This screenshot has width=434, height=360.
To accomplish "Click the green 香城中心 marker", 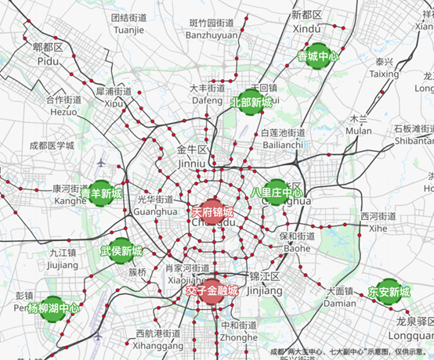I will [317, 56].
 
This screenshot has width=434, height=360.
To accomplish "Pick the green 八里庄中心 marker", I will [277, 193].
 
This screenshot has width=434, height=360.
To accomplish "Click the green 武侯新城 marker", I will [121, 251].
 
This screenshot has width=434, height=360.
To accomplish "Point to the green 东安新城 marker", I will [389, 292].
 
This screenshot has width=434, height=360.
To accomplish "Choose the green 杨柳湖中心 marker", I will [53, 308].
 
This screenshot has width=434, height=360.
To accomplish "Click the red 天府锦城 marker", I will [212, 212].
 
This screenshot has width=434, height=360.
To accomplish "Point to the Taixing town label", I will [384, 74].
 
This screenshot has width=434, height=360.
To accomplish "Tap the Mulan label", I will [359, 131].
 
